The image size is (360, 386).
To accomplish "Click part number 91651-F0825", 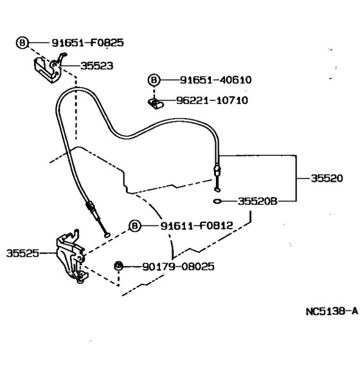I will pos(87,43).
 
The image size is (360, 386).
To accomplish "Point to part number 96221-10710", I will pos(212,100).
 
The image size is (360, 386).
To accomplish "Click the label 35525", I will pos(23,253).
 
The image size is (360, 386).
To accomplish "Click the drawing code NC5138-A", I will pos(331,311).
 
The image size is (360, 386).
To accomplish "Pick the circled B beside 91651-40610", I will pos(154,80).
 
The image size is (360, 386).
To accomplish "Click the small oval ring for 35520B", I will pos(218,201).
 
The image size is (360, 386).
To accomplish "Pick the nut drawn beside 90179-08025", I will pos(118,265).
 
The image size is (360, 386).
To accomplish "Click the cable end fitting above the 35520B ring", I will pos(217,173).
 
